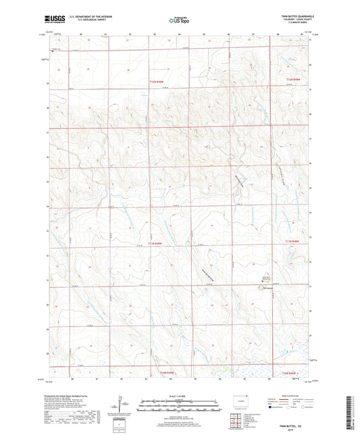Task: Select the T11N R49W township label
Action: coord(156,242)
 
